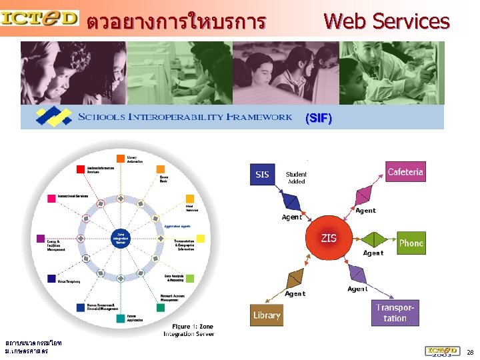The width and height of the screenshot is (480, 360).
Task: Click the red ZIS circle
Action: click(x=329, y=238)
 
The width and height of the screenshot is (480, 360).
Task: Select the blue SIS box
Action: click(x=262, y=175)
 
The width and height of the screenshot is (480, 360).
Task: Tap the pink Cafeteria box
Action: click(x=405, y=172)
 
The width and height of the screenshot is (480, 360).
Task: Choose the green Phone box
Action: click(x=411, y=243)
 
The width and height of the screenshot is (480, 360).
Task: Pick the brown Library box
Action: click(x=267, y=315)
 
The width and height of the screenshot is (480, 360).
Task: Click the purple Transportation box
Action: click(x=395, y=313)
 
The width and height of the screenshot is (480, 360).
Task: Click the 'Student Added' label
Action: click(x=297, y=177)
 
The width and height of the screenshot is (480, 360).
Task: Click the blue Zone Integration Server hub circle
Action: click(x=121, y=239)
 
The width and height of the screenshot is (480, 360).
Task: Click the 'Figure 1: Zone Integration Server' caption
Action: click(x=188, y=329)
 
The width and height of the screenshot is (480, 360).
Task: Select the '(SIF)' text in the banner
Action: click(x=317, y=119)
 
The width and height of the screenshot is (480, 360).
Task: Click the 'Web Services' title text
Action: click(x=386, y=21)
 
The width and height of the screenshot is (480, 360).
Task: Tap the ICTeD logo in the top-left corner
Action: click(x=39, y=18)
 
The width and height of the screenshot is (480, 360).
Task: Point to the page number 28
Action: click(x=470, y=352)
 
